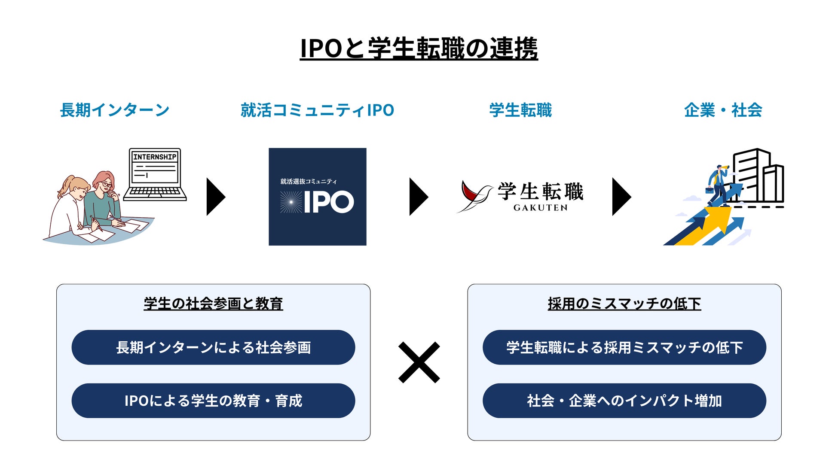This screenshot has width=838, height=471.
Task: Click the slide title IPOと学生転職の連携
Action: click(x=419, y=48)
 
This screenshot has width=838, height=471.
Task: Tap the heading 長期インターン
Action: click(x=115, y=110)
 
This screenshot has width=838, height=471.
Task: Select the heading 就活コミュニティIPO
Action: click(x=317, y=110)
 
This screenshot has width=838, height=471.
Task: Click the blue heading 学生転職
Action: click(x=520, y=110)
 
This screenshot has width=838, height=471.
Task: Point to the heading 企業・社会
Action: click(x=723, y=110)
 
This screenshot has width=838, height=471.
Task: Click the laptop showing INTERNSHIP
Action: click(x=155, y=174)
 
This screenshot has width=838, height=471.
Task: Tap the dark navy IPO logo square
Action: click(x=318, y=197)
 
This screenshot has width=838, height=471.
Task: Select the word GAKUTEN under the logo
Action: click(x=540, y=208)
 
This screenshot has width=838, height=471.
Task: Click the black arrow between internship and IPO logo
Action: click(x=215, y=197)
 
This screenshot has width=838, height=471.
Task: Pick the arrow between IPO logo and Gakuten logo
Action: click(x=418, y=197)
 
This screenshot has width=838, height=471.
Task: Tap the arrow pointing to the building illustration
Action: click(x=621, y=197)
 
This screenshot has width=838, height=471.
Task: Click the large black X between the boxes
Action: click(x=419, y=362)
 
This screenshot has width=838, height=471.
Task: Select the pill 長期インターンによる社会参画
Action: click(x=213, y=347)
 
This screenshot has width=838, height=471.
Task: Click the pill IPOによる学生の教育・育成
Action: click(x=213, y=401)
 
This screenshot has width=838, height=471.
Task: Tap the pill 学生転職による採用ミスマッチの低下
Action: click(x=624, y=347)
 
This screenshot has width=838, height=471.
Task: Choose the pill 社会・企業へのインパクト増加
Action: click(x=624, y=401)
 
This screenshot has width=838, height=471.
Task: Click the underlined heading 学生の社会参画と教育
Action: click(x=213, y=304)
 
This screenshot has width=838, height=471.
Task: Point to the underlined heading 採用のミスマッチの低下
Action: click(x=624, y=304)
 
